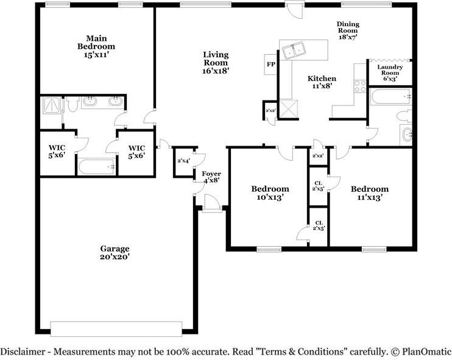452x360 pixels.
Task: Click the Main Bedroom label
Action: [x=96, y=47]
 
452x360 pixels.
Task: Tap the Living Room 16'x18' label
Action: [x=216, y=63]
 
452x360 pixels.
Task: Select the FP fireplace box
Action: [x=270, y=65]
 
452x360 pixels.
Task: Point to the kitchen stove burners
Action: [x=360, y=86]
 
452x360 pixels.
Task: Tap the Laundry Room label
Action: [x=390, y=73]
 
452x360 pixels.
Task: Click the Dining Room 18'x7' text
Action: [x=348, y=30]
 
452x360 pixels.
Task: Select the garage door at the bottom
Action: [x=116, y=329]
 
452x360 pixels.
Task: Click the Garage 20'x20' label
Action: [x=115, y=253]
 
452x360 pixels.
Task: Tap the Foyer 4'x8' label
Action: [x=211, y=177]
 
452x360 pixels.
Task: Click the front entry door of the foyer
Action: [x=212, y=204]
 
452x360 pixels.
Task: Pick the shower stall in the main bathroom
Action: [x=52, y=105]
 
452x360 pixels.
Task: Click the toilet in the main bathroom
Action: [x=72, y=104]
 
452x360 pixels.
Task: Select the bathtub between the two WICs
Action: [x=97, y=166]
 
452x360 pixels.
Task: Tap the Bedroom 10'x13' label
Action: [x=270, y=193]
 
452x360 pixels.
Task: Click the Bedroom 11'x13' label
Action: [x=370, y=193]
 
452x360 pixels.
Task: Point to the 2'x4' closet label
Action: [x=183, y=161]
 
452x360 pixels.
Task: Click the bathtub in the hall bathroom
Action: [x=391, y=97]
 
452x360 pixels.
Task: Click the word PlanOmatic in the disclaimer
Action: [x=426, y=351]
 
